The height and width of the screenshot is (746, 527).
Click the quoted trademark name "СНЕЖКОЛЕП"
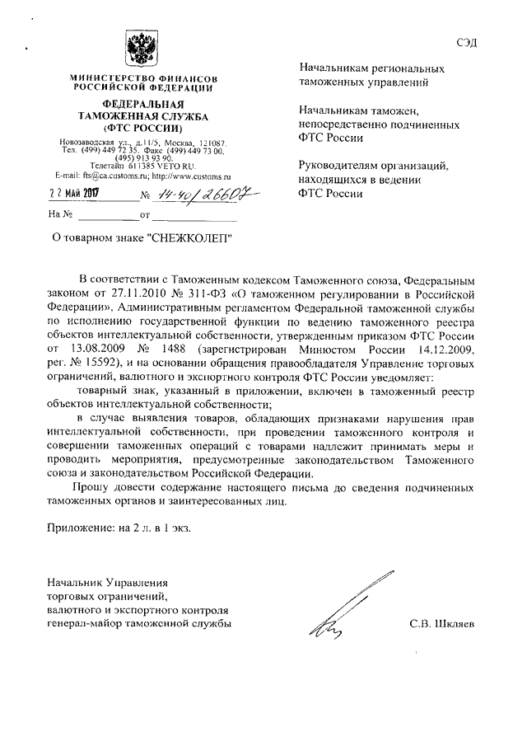190,238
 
